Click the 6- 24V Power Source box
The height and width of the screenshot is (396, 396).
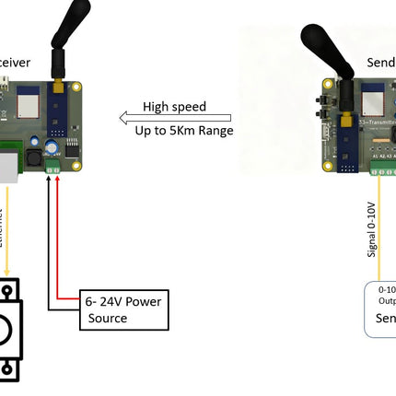click(x=123, y=309)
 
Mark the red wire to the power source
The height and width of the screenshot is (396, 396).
click(x=58, y=239)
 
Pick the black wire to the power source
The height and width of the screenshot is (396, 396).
click(x=47, y=249)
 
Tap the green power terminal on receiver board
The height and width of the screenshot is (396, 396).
click(x=52, y=169)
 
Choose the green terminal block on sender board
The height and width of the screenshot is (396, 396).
click(x=379, y=169)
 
